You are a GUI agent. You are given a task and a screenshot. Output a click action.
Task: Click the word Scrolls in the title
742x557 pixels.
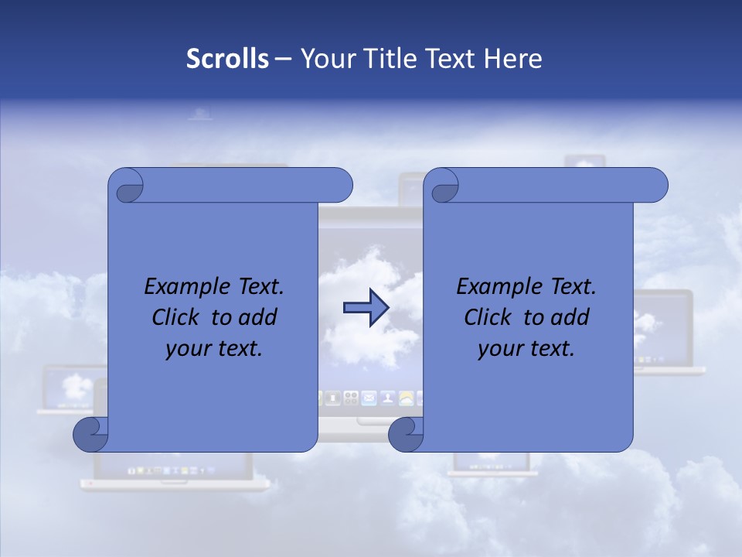point(227,59)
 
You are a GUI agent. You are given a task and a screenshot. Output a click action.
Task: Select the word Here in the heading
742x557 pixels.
point(513,59)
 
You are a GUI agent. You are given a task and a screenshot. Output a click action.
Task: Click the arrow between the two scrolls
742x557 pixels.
point(366,308)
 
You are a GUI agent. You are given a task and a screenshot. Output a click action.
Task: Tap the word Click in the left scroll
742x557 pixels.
point(178,317)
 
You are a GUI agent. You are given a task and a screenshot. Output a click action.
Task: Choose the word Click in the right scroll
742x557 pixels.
point(490,317)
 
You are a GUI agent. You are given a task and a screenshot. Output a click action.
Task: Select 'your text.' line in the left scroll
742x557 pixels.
point(214,349)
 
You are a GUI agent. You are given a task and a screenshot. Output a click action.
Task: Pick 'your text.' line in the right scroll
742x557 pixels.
point(526,349)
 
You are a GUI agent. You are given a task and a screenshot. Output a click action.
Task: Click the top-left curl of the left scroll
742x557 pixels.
point(126,186)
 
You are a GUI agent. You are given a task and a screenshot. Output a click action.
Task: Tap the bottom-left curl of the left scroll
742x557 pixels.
point(91,435)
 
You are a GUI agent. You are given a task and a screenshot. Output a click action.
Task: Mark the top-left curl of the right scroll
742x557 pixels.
point(441,186)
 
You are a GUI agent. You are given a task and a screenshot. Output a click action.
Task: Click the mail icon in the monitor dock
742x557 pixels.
point(369,398)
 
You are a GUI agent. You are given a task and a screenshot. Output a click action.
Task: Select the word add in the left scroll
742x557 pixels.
point(259,317)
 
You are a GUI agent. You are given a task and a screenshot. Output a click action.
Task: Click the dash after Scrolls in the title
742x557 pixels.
point(284,59)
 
